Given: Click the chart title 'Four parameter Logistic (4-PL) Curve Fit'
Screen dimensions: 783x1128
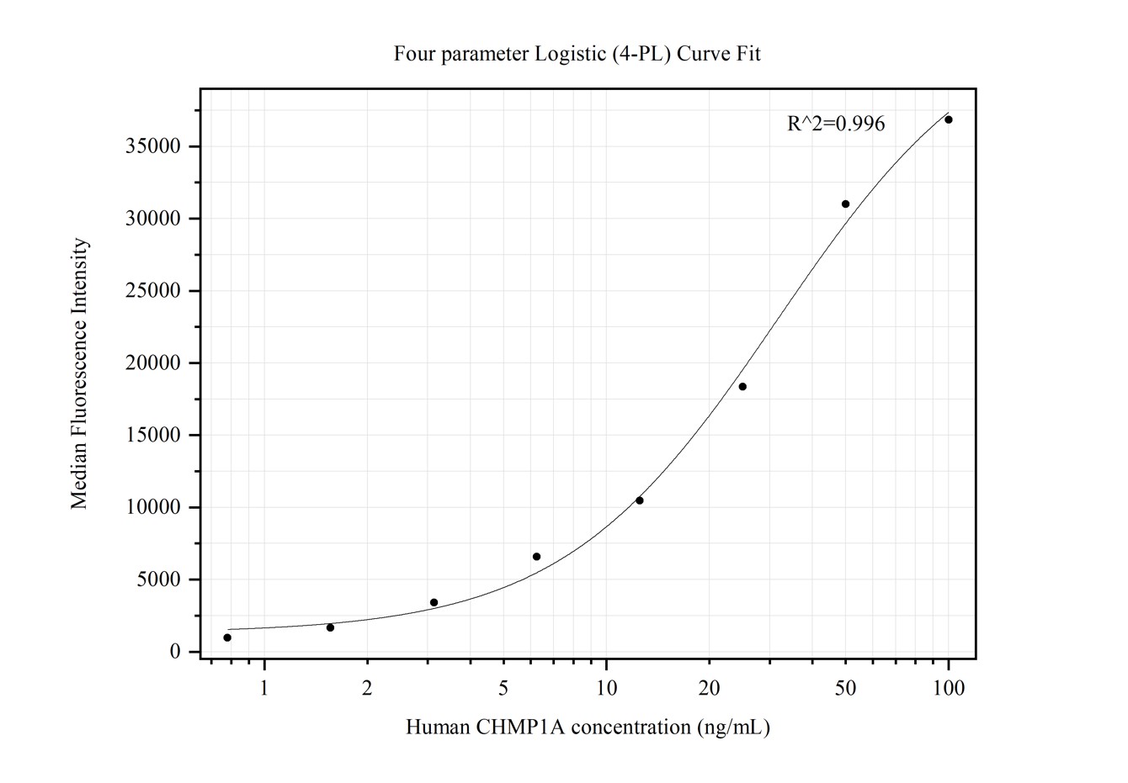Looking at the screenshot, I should tap(577, 55).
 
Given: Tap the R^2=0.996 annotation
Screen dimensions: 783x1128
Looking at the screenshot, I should tap(836, 124).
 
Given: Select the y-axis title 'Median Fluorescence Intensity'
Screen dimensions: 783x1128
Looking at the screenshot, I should tap(80, 373).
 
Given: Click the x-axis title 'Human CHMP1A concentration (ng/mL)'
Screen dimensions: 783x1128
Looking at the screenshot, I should tap(588, 727).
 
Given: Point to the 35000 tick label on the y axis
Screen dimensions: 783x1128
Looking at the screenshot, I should tap(152, 147).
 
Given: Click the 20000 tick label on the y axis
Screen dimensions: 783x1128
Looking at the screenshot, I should tap(152, 363).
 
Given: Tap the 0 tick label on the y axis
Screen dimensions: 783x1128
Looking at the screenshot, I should tap(175, 652).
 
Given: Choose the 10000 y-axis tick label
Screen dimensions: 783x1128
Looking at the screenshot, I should tap(152, 508).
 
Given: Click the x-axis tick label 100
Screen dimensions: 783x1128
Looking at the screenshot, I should tap(949, 689).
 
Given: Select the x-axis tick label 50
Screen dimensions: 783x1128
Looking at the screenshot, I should tap(845, 689).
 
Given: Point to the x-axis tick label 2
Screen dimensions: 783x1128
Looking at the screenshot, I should tap(367, 689).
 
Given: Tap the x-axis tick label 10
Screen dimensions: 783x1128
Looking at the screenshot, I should tap(606, 689).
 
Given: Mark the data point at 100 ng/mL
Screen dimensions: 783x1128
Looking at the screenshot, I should tap(949, 119).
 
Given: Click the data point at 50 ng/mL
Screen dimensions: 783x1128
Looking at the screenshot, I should tap(845, 204).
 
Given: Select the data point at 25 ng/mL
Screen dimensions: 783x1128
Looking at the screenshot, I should tap(742, 387).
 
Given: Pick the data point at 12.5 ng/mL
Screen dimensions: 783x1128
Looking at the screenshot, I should tap(640, 500).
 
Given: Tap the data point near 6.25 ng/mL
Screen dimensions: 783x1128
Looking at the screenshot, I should tap(536, 557).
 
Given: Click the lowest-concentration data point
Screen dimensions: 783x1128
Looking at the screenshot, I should tap(227, 638).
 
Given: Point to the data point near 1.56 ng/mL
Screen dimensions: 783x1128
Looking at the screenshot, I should tap(330, 627).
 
